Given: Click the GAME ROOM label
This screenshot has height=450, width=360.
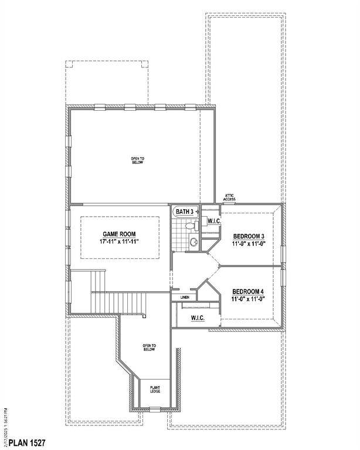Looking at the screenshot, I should pos(120,233).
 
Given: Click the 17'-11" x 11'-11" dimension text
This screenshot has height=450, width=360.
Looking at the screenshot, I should pos(120,241).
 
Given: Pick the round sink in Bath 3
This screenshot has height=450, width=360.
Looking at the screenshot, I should pos(194,241).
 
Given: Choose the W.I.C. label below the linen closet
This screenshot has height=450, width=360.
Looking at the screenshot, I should pos(197,318).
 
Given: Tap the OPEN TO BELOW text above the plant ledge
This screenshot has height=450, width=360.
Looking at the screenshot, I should pos(149,348).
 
